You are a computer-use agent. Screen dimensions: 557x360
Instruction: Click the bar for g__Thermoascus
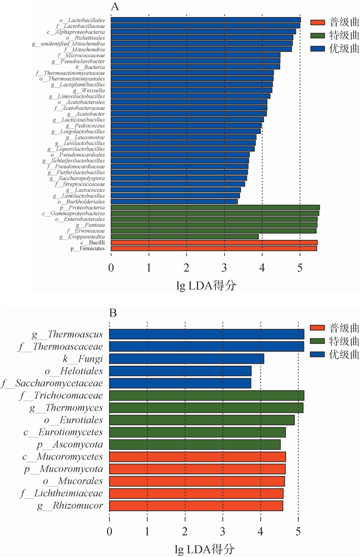pos(207,334)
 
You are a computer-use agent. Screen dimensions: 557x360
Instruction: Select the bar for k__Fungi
pos(186,359)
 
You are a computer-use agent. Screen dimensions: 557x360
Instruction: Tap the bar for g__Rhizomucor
pos(196,506)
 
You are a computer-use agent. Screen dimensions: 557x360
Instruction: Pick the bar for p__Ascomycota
pos(195,444)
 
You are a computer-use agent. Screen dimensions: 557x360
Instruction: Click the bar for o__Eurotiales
pos(202,420)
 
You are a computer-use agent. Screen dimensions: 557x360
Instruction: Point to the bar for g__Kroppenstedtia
pos(185,237)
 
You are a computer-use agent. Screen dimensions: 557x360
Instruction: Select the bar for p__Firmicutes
pos(214,249)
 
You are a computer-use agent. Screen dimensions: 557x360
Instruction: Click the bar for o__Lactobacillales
pos(206,20)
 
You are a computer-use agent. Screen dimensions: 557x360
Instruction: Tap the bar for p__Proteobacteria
pos(215,208)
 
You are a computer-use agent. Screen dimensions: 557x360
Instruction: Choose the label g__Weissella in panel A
pos(89,91)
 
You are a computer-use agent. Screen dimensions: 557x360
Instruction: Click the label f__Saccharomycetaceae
pos(52,383)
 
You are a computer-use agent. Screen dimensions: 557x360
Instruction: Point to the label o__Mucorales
pos(73,481)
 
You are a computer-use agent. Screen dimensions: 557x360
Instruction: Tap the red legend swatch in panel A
pos(317,22)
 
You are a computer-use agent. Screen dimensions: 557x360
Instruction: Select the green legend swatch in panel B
pos(317,341)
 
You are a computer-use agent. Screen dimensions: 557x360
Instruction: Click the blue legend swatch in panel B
pos(317,354)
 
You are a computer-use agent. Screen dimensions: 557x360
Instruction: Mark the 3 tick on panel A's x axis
pos(224,268)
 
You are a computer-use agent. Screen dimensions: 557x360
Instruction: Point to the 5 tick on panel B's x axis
pos(298,531)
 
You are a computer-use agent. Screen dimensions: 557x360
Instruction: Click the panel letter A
pos(115,6)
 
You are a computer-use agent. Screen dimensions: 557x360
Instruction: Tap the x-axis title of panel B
pos(205,549)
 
